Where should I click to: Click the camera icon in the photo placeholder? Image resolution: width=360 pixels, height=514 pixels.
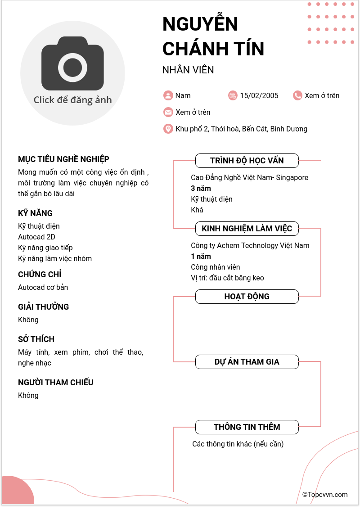(72, 63)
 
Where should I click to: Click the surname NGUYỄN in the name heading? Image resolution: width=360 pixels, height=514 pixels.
(200, 24)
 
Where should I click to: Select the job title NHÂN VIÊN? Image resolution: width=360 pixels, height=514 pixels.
(188, 70)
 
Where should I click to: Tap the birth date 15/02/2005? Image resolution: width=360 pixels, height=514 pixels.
(259, 95)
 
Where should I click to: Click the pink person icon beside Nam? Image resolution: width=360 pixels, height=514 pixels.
(168, 95)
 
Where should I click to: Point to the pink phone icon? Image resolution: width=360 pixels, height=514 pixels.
(297, 95)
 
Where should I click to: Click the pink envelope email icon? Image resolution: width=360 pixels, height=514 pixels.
(168, 112)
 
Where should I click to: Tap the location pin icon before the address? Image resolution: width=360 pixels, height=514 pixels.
(168, 129)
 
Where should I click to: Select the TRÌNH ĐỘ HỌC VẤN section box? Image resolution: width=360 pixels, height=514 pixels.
(247, 161)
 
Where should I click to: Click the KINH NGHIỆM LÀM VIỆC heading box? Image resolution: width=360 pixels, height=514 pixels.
(247, 229)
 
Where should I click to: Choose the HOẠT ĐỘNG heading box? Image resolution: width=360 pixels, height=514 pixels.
(247, 297)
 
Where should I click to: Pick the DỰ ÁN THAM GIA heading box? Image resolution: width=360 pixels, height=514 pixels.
(247, 362)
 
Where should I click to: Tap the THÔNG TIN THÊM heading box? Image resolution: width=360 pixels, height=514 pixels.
(247, 427)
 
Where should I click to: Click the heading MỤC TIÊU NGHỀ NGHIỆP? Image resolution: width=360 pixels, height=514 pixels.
(63, 159)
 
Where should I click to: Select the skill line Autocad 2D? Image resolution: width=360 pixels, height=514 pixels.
(36, 237)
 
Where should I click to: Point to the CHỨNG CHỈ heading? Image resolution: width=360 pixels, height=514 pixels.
(40, 275)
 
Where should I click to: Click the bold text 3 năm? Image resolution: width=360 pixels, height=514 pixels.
(201, 188)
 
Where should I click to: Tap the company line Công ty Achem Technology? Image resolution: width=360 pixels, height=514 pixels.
(250, 245)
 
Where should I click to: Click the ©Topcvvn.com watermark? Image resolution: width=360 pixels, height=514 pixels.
(325, 495)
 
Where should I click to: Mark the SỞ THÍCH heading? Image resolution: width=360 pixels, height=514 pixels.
(36, 339)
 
